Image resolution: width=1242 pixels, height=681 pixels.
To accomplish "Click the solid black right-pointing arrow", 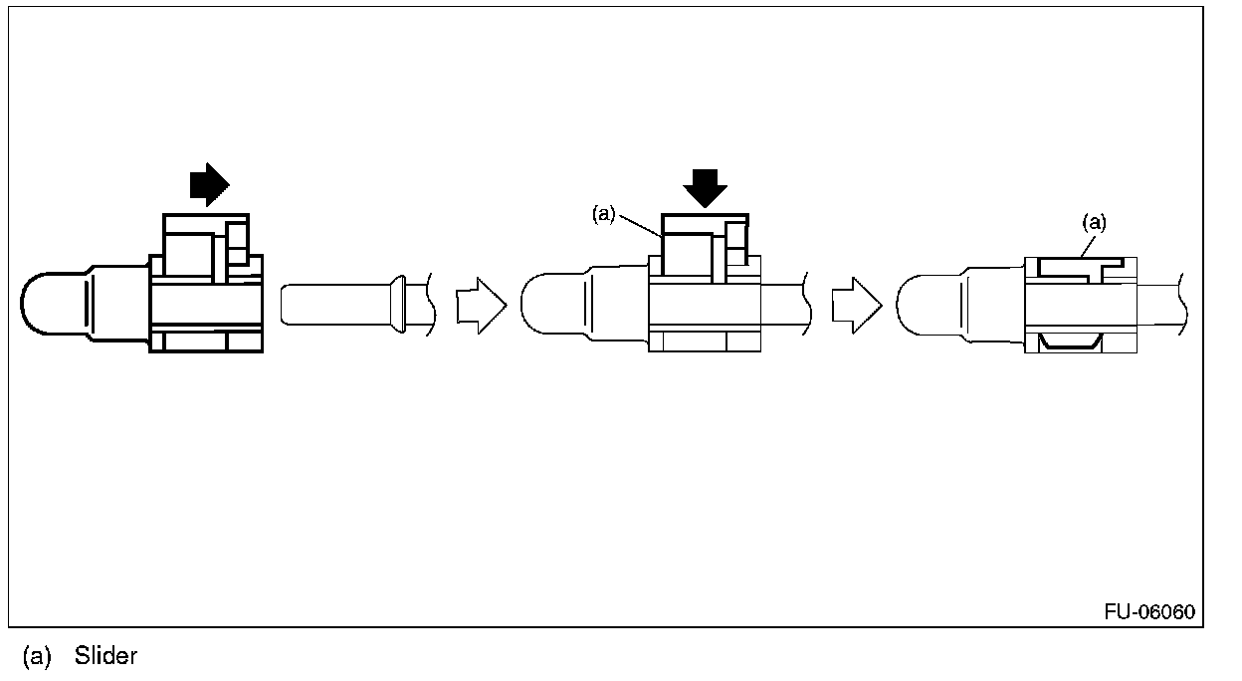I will tap(209, 184).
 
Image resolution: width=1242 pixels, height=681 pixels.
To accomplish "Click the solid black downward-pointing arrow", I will tap(706, 187).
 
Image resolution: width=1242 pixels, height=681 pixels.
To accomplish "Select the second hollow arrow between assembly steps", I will tap(856, 305).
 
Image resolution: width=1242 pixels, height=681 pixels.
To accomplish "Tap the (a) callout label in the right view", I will tap(1094, 223).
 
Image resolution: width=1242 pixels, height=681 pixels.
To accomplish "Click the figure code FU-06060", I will tap(1149, 611).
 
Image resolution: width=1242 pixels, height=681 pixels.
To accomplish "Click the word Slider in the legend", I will tap(105, 657).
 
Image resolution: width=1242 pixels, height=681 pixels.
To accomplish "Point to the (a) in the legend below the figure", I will tap(36, 657).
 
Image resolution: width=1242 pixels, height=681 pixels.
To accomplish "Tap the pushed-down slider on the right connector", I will tap(1081, 266).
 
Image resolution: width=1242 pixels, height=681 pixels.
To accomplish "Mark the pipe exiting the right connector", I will tap(1159, 305).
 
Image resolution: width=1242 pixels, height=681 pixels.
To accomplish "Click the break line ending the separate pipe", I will tap(430, 303).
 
